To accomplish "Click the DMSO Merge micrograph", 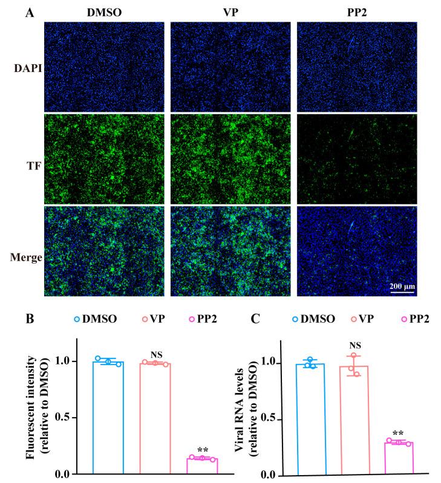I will click(x=103, y=251).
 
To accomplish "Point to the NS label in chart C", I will click(x=355, y=345).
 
